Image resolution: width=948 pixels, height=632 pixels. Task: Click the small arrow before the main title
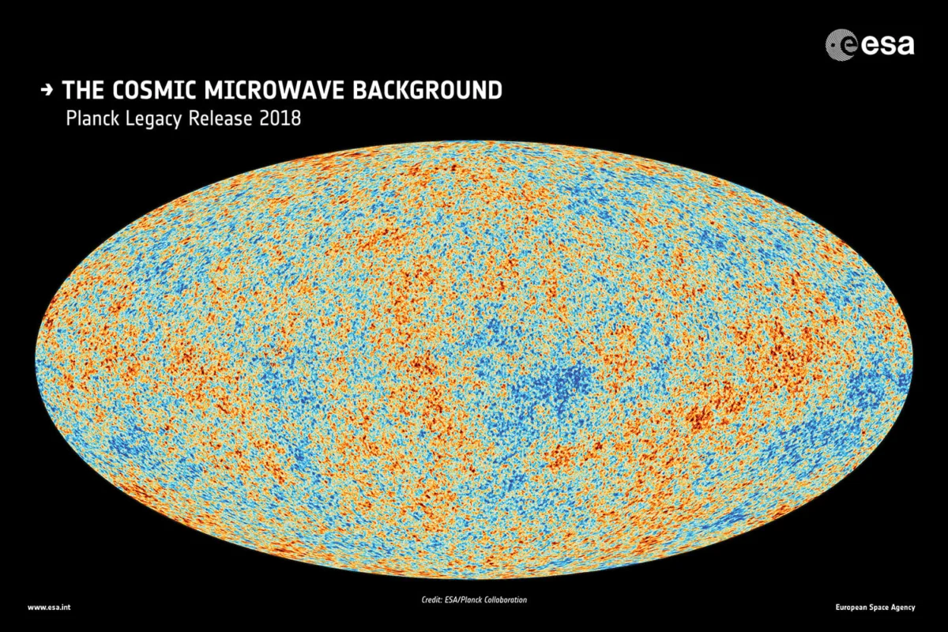(47, 91)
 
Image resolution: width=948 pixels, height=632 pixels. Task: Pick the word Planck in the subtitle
(93, 119)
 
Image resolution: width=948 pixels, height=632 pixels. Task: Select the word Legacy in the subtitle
(155, 119)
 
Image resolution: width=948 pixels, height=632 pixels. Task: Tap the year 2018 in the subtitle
(280, 119)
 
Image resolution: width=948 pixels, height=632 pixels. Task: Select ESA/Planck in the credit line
(468, 600)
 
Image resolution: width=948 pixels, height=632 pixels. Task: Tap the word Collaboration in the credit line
(507, 600)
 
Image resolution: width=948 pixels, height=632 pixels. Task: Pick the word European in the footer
(853, 608)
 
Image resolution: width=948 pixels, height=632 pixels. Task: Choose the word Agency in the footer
(905, 608)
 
